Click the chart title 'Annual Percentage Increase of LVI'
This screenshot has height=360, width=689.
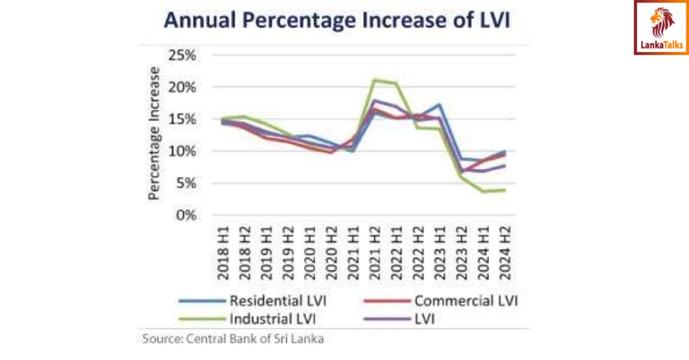click(336, 20)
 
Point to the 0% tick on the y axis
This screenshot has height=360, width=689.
click(185, 215)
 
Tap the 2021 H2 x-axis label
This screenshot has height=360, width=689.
click(375, 254)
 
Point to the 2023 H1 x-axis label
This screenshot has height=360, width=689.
click(439, 254)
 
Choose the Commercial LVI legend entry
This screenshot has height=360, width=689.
click(440, 301)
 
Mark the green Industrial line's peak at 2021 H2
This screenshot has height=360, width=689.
click(374, 79)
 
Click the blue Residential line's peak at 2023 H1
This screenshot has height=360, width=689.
click(439, 104)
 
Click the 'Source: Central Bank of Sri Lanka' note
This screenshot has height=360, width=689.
click(233, 339)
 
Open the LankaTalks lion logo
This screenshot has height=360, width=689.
click(662, 27)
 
